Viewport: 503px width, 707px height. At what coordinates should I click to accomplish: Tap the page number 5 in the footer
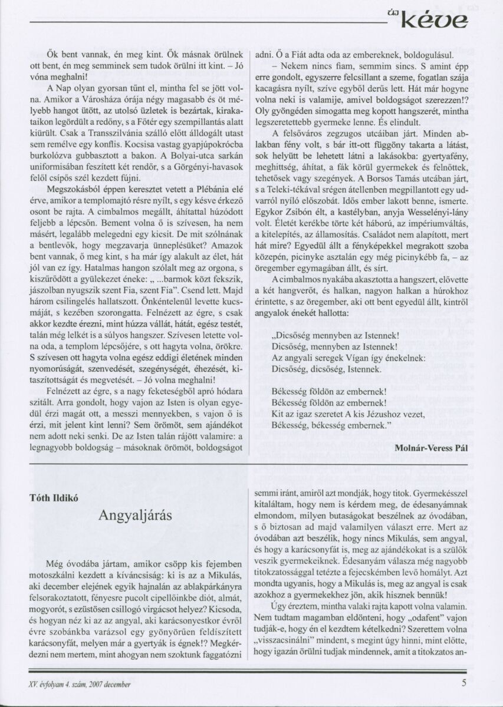(x=465, y=684)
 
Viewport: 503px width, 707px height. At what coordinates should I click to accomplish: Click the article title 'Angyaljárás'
(x=135, y=517)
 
